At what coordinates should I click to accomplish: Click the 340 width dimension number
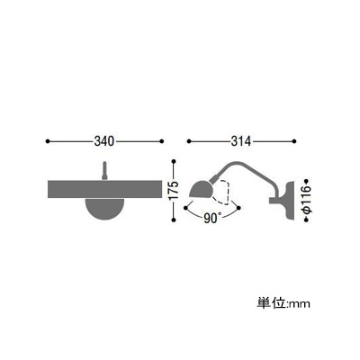click(x=104, y=141)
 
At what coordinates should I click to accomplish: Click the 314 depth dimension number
click(x=240, y=141)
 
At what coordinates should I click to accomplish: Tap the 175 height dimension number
click(x=174, y=191)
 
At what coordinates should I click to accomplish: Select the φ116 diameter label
click(x=306, y=200)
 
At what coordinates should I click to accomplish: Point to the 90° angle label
click(x=212, y=218)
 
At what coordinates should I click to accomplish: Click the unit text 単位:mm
click(x=283, y=303)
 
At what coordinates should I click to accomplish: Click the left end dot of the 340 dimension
click(x=47, y=141)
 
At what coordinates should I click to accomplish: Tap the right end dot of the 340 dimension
click(x=162, y=141)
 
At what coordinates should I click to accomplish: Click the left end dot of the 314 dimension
click(x=189, y=141)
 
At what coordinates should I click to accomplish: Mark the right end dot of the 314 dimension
click(x=294, y=141)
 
